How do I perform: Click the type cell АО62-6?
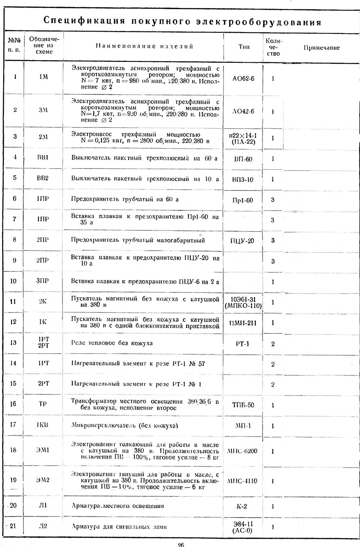(243, 78)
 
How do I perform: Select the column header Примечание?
(321, 48)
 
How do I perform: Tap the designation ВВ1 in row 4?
(43, 158)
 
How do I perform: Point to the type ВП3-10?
(243, 179)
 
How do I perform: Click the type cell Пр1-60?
(243, 200)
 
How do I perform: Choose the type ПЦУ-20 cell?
(242, 241)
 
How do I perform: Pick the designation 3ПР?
(42, 281)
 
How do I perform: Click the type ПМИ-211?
(243, 323)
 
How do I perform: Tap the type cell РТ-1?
(242, 344)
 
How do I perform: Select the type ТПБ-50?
(243, 405)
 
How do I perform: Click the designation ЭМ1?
(43, 450)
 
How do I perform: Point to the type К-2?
(242, 507)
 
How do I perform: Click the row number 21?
(13, 526)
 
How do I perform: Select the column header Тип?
(244, 47)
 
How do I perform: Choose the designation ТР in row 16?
(43, 404)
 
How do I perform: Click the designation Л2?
(43, 526)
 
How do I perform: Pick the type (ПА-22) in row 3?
(243, 142)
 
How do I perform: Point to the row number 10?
(13, 281)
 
